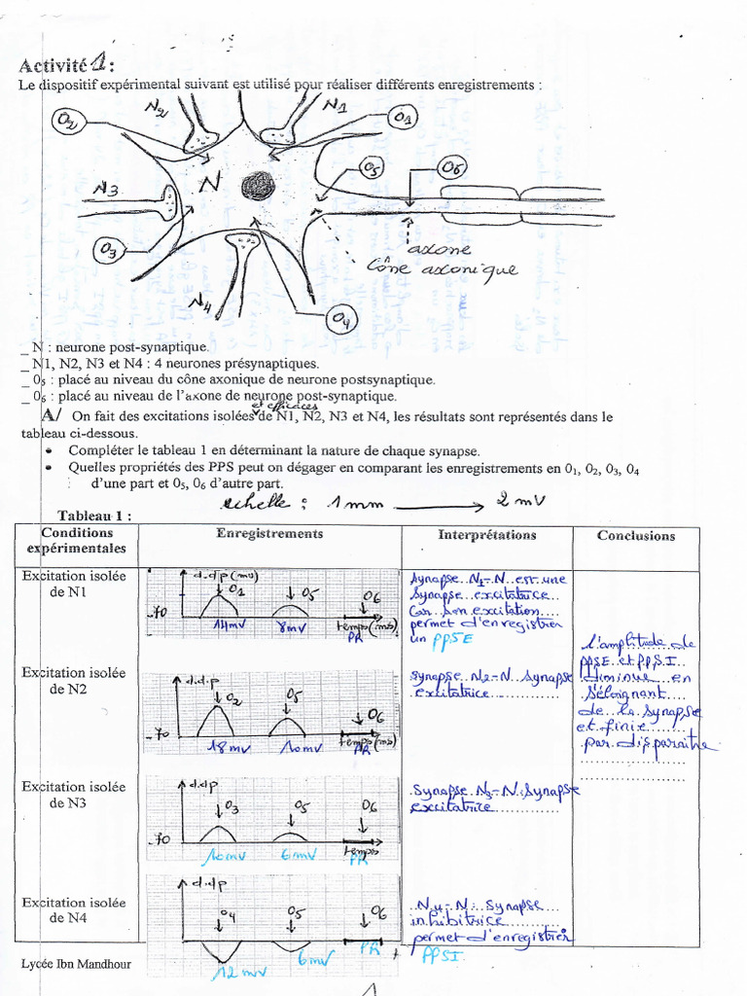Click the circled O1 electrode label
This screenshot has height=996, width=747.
click(403, 118)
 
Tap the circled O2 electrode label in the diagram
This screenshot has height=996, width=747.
click(69, 122)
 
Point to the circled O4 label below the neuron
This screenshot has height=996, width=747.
click(343, 318)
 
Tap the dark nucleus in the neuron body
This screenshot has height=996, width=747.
click(260, 185)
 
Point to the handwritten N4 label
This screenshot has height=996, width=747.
click(201, 304)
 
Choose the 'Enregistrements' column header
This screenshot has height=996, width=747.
click(269, 534)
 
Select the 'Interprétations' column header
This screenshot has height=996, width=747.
click(486, 535)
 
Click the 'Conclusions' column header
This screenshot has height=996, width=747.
click(635, 535)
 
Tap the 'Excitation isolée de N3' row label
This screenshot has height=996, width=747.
click(75, 795)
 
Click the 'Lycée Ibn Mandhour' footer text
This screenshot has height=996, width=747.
click(76, 964)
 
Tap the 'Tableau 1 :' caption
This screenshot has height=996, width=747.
click(93, 516)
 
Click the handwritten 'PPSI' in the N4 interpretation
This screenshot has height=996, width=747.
click(443, 955)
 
